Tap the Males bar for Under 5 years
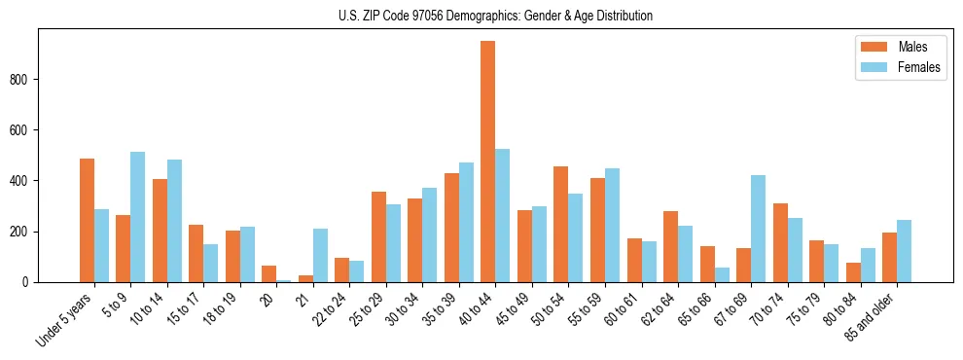(x=87, y=220)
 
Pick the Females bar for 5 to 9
(x=138, y=217)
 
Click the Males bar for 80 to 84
(x=853, y=272)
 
